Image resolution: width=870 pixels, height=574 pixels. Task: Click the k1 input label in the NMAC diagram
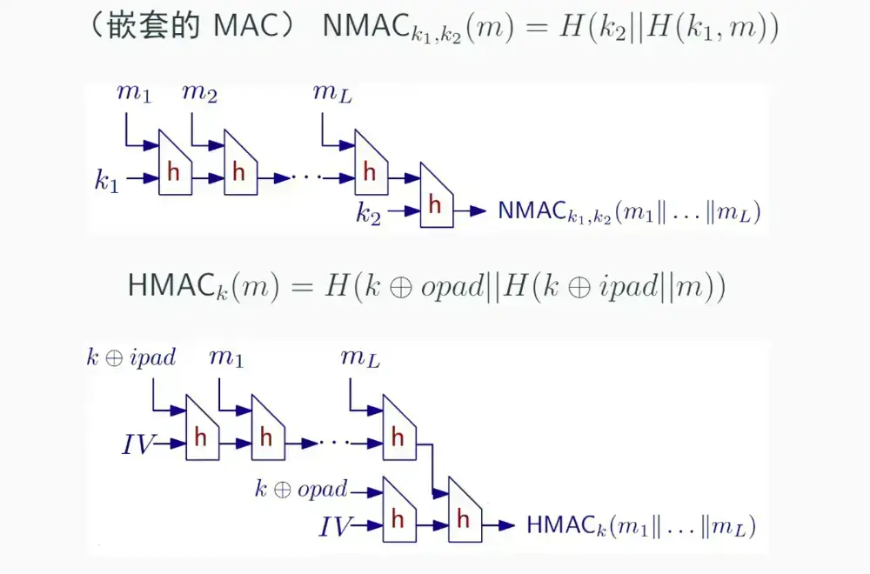[106, 181]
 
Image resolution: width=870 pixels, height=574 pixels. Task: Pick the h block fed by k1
[173, 171]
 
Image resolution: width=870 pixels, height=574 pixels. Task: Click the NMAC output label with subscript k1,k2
[629, 210]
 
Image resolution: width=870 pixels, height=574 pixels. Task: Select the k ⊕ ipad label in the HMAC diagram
[130, 357]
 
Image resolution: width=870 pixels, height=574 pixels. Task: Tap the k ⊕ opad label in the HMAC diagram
[301, 489]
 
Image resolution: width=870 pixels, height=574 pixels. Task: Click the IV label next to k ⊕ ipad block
[139, 445]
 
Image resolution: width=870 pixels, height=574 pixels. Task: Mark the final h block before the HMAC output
[464, 518]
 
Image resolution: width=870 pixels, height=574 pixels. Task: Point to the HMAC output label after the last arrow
[641, 525]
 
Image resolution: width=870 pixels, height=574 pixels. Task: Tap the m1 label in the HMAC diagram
[226, 357]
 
